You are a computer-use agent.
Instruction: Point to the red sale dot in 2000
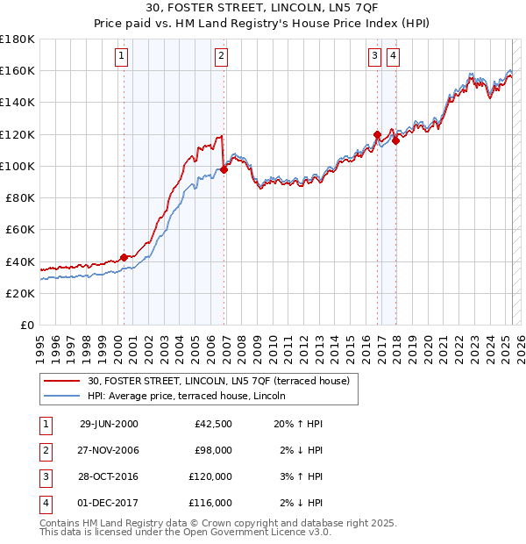(124, 257)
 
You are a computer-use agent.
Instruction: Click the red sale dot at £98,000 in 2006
(224, 169)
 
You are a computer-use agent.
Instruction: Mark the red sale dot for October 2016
(377, 134)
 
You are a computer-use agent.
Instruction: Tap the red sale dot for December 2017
(395, 140)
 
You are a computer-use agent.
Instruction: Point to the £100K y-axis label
(18, 166)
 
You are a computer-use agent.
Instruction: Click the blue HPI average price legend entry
(194, 396)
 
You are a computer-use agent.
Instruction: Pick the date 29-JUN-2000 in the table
(109, 424)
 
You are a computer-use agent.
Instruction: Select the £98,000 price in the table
(213, 450)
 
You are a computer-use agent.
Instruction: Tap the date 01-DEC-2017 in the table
(109, 503)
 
